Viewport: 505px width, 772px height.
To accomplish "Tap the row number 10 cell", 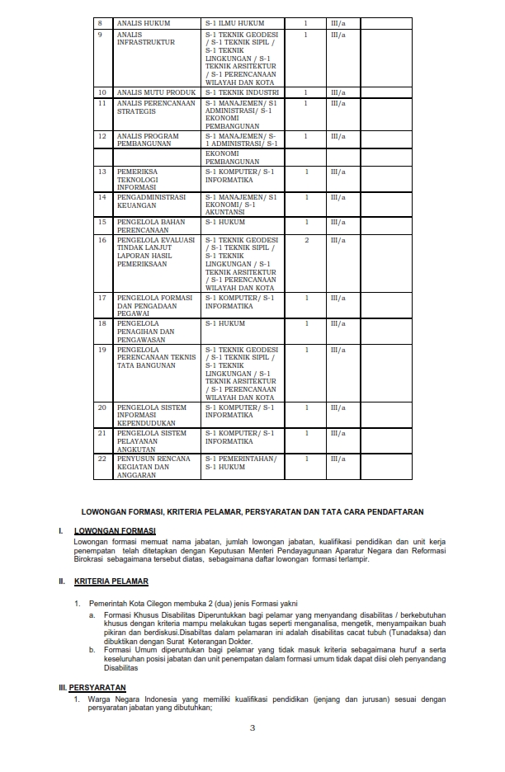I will [x=101, y=92].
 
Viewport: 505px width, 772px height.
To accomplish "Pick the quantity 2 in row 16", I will [x=306, y=240].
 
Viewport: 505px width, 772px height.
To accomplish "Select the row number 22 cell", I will [x=102, y=459].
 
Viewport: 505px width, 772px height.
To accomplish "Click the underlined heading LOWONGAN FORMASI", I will [x=115, y=530].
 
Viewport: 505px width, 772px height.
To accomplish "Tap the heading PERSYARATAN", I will [x=98, y=686].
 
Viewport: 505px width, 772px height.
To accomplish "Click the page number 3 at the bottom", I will [x=252, y=728].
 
